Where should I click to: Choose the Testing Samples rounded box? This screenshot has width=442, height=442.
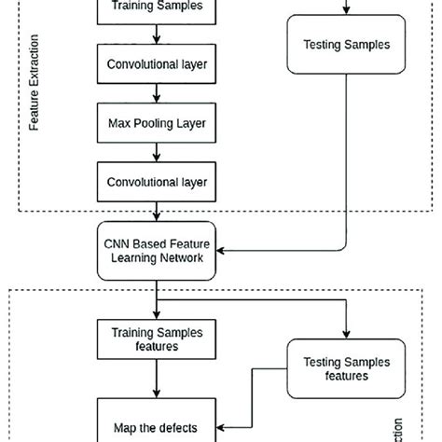point(347,44)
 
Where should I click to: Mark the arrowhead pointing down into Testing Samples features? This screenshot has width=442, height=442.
point(347,337)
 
